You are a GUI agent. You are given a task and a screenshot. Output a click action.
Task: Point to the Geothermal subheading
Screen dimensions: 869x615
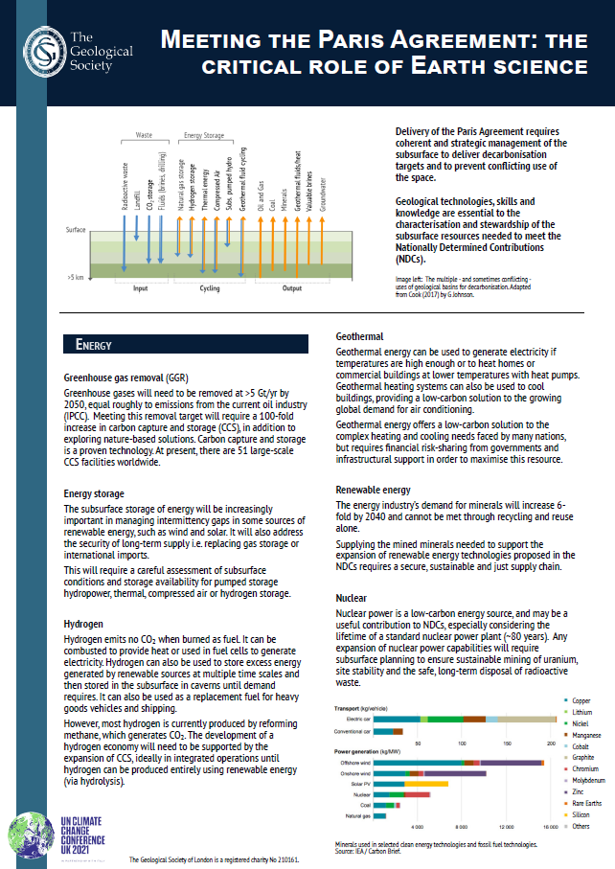pyautogui.click(x=359, y=337)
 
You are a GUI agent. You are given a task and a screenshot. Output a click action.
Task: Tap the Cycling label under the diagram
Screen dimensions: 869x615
pyautogui.click(x=209, y=287)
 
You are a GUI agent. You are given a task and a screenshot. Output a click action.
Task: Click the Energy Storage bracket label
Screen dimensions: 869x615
pyautogui.click(x=203, y=137)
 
